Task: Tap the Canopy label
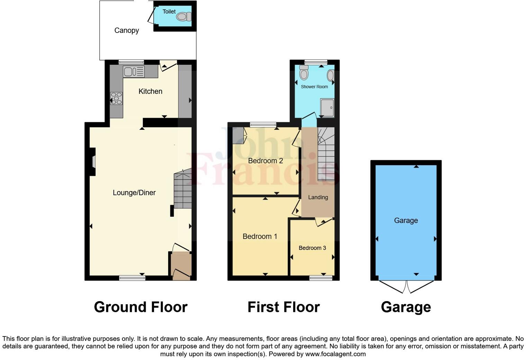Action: point(127,30)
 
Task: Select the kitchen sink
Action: point(134,72)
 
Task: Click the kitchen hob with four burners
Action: point(116,98)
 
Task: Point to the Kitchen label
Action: point(150,91)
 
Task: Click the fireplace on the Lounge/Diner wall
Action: point(93,162)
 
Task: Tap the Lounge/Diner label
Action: point(134,193)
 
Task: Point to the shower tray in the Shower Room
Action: point(327,108)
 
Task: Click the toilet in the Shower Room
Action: point(304,73)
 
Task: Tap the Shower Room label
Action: point(314,87)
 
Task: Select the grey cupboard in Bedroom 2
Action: point(238,136)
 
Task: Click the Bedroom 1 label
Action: point(260,236)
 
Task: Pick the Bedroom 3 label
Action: point(312,248)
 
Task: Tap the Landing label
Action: point(318,197)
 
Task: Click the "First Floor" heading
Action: point(283,307)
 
